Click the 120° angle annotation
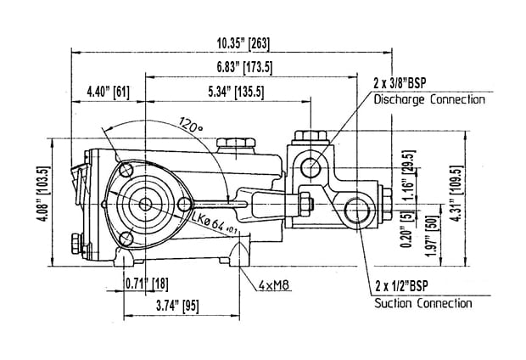[x=191, y=126]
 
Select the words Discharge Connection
[x=429, y=99]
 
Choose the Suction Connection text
[x=422, y=302]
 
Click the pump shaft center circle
[x=146, y=204]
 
